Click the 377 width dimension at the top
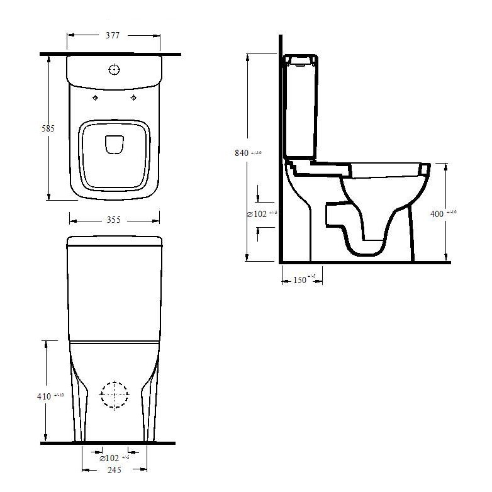pyautogui.click(x=114, y=36)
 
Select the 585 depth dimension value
pyautogui.click(x=48, y=128)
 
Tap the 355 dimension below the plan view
pyautogui.click(x=113, y=220)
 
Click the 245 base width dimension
pyautogui.click(x=113, y=469)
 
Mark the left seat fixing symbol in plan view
pyautogui.click(x=95, y=99)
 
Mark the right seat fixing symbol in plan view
pyautogui.click(x=133, y=99)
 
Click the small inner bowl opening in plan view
pyautogui.click(x=114, y=145)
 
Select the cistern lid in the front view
pyautogui.click(x=115, y=241)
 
